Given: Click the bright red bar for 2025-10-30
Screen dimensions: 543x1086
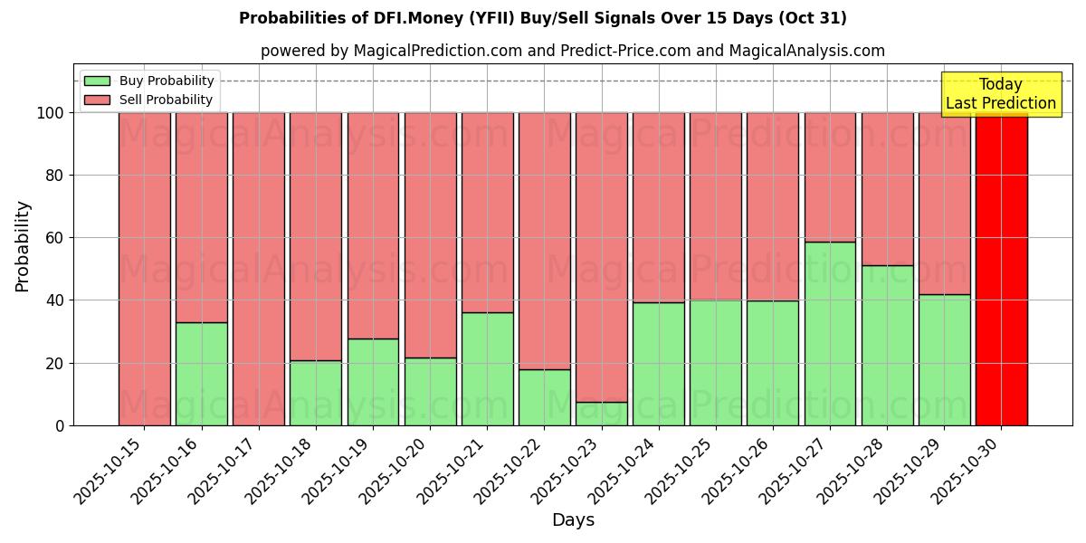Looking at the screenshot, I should click(1001, 269).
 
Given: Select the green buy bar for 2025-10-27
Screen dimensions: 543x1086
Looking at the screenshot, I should click(830, 333).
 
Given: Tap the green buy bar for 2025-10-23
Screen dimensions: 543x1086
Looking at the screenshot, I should click(601, 414).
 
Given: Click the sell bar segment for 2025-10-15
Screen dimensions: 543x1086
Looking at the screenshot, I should click(144, 269).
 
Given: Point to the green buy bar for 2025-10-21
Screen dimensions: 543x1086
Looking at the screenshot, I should click(487, 368).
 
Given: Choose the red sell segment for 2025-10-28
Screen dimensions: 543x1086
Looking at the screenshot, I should click(887, 189).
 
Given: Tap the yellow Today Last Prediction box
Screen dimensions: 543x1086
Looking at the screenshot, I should click(1000, 94).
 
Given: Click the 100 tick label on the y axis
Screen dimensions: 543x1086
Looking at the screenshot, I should click(49, 113).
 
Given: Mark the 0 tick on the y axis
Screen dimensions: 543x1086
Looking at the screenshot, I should click(60, 425).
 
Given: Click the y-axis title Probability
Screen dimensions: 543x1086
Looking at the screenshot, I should click(23, 246).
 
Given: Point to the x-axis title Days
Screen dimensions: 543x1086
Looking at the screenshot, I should click(573, 520).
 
